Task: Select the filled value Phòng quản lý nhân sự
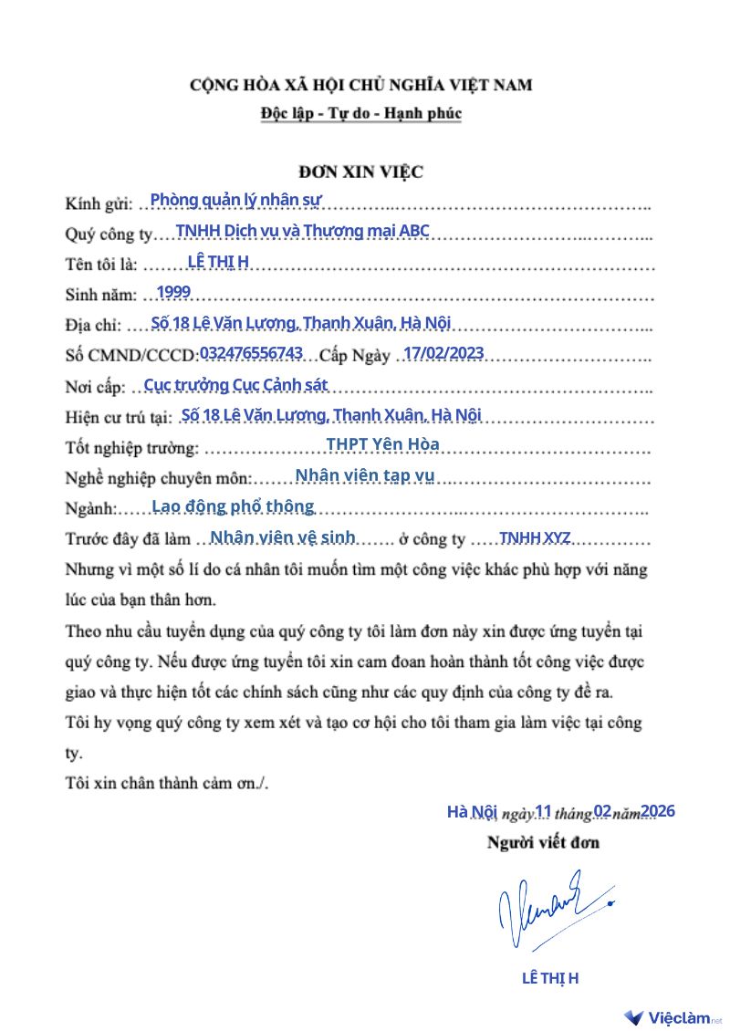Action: click(x=235, y=199)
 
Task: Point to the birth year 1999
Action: click(x=173, y=292)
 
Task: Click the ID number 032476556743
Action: click(x=251, y=353)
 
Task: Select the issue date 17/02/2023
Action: click(x=443, y=353)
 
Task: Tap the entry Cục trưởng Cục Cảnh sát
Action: click(x=235, y=384)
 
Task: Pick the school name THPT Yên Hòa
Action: click(x=382, y=444)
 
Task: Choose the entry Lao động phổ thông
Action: click(x=233, y=505)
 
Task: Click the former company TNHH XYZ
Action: click(x=536, y=537)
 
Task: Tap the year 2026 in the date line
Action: click(x=657, y=810)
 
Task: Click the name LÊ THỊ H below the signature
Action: click(x=549, y=979)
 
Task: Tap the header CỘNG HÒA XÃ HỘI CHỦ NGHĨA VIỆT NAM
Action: click(x=361, y=86)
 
